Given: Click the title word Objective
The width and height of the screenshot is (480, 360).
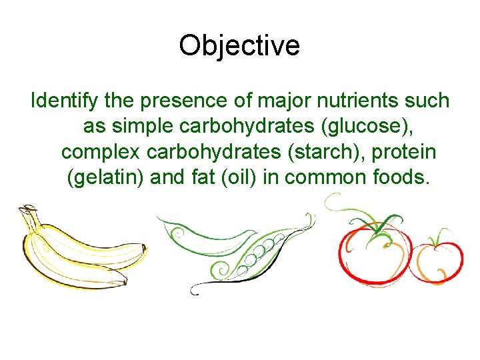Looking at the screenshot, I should [239, 46].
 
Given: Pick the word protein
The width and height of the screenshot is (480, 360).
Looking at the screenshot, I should [404, 152].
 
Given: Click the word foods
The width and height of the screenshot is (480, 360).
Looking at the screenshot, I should [398, 178].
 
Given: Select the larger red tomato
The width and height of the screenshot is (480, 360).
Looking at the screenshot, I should [372, 253].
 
